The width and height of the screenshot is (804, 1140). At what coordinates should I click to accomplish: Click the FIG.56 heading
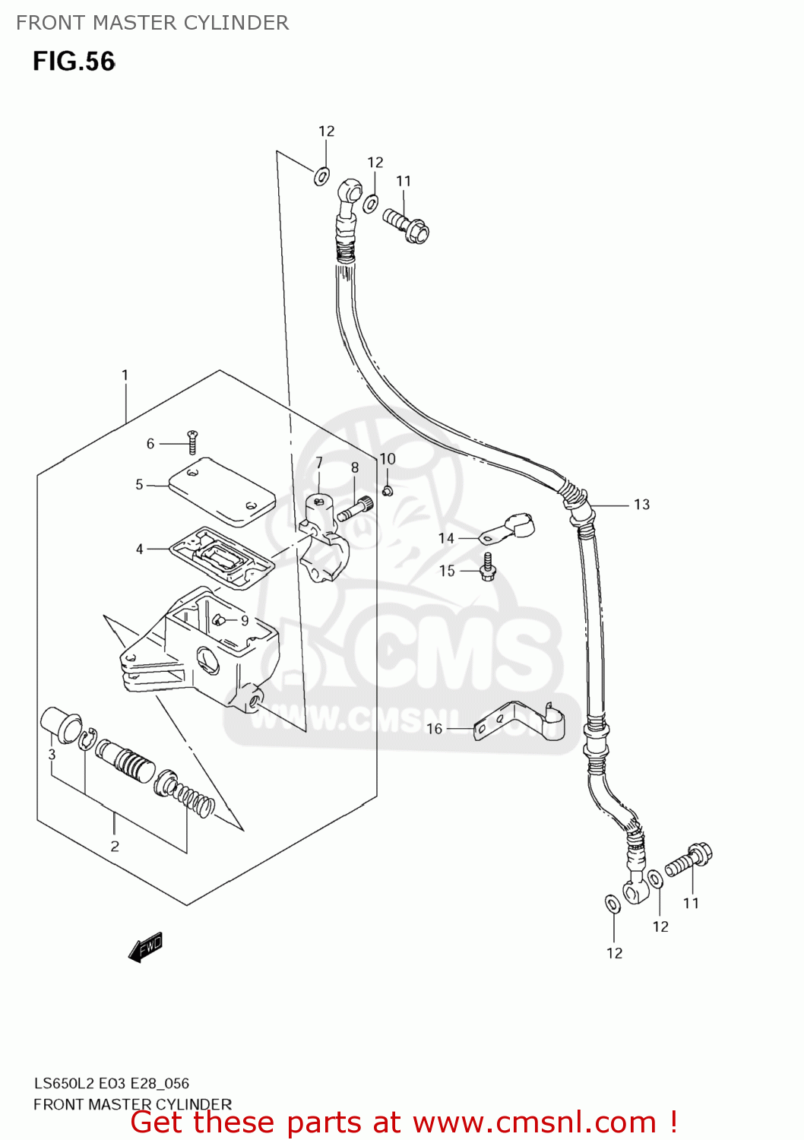click(74, 62)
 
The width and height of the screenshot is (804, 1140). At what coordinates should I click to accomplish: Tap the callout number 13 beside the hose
click(641, 505)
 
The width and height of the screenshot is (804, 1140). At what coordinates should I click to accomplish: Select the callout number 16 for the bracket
click(434, 729)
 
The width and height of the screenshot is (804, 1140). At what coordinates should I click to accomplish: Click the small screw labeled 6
click(192, 441)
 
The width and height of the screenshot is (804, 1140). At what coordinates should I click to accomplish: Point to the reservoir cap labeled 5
click(220, 491)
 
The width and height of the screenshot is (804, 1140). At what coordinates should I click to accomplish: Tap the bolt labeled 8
click(354, 508)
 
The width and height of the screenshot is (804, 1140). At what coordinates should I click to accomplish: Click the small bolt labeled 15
click(488, 567)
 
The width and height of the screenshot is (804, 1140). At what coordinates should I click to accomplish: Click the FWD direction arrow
click(146, 947)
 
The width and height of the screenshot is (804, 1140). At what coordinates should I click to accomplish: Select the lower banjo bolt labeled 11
click(688, 860)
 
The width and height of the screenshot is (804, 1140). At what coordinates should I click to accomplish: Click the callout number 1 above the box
click(125, 375)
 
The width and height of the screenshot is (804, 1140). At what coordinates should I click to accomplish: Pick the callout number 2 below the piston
click(115, 846)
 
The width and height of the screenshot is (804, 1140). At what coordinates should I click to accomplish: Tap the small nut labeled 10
click(387, 491)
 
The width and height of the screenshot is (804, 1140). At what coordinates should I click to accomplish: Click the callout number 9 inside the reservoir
click(245, 621)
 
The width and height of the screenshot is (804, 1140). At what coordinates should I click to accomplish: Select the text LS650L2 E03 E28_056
click(111, 1083)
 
